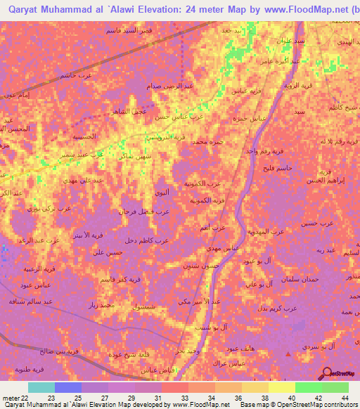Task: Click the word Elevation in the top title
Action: click(x=138, y=9)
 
